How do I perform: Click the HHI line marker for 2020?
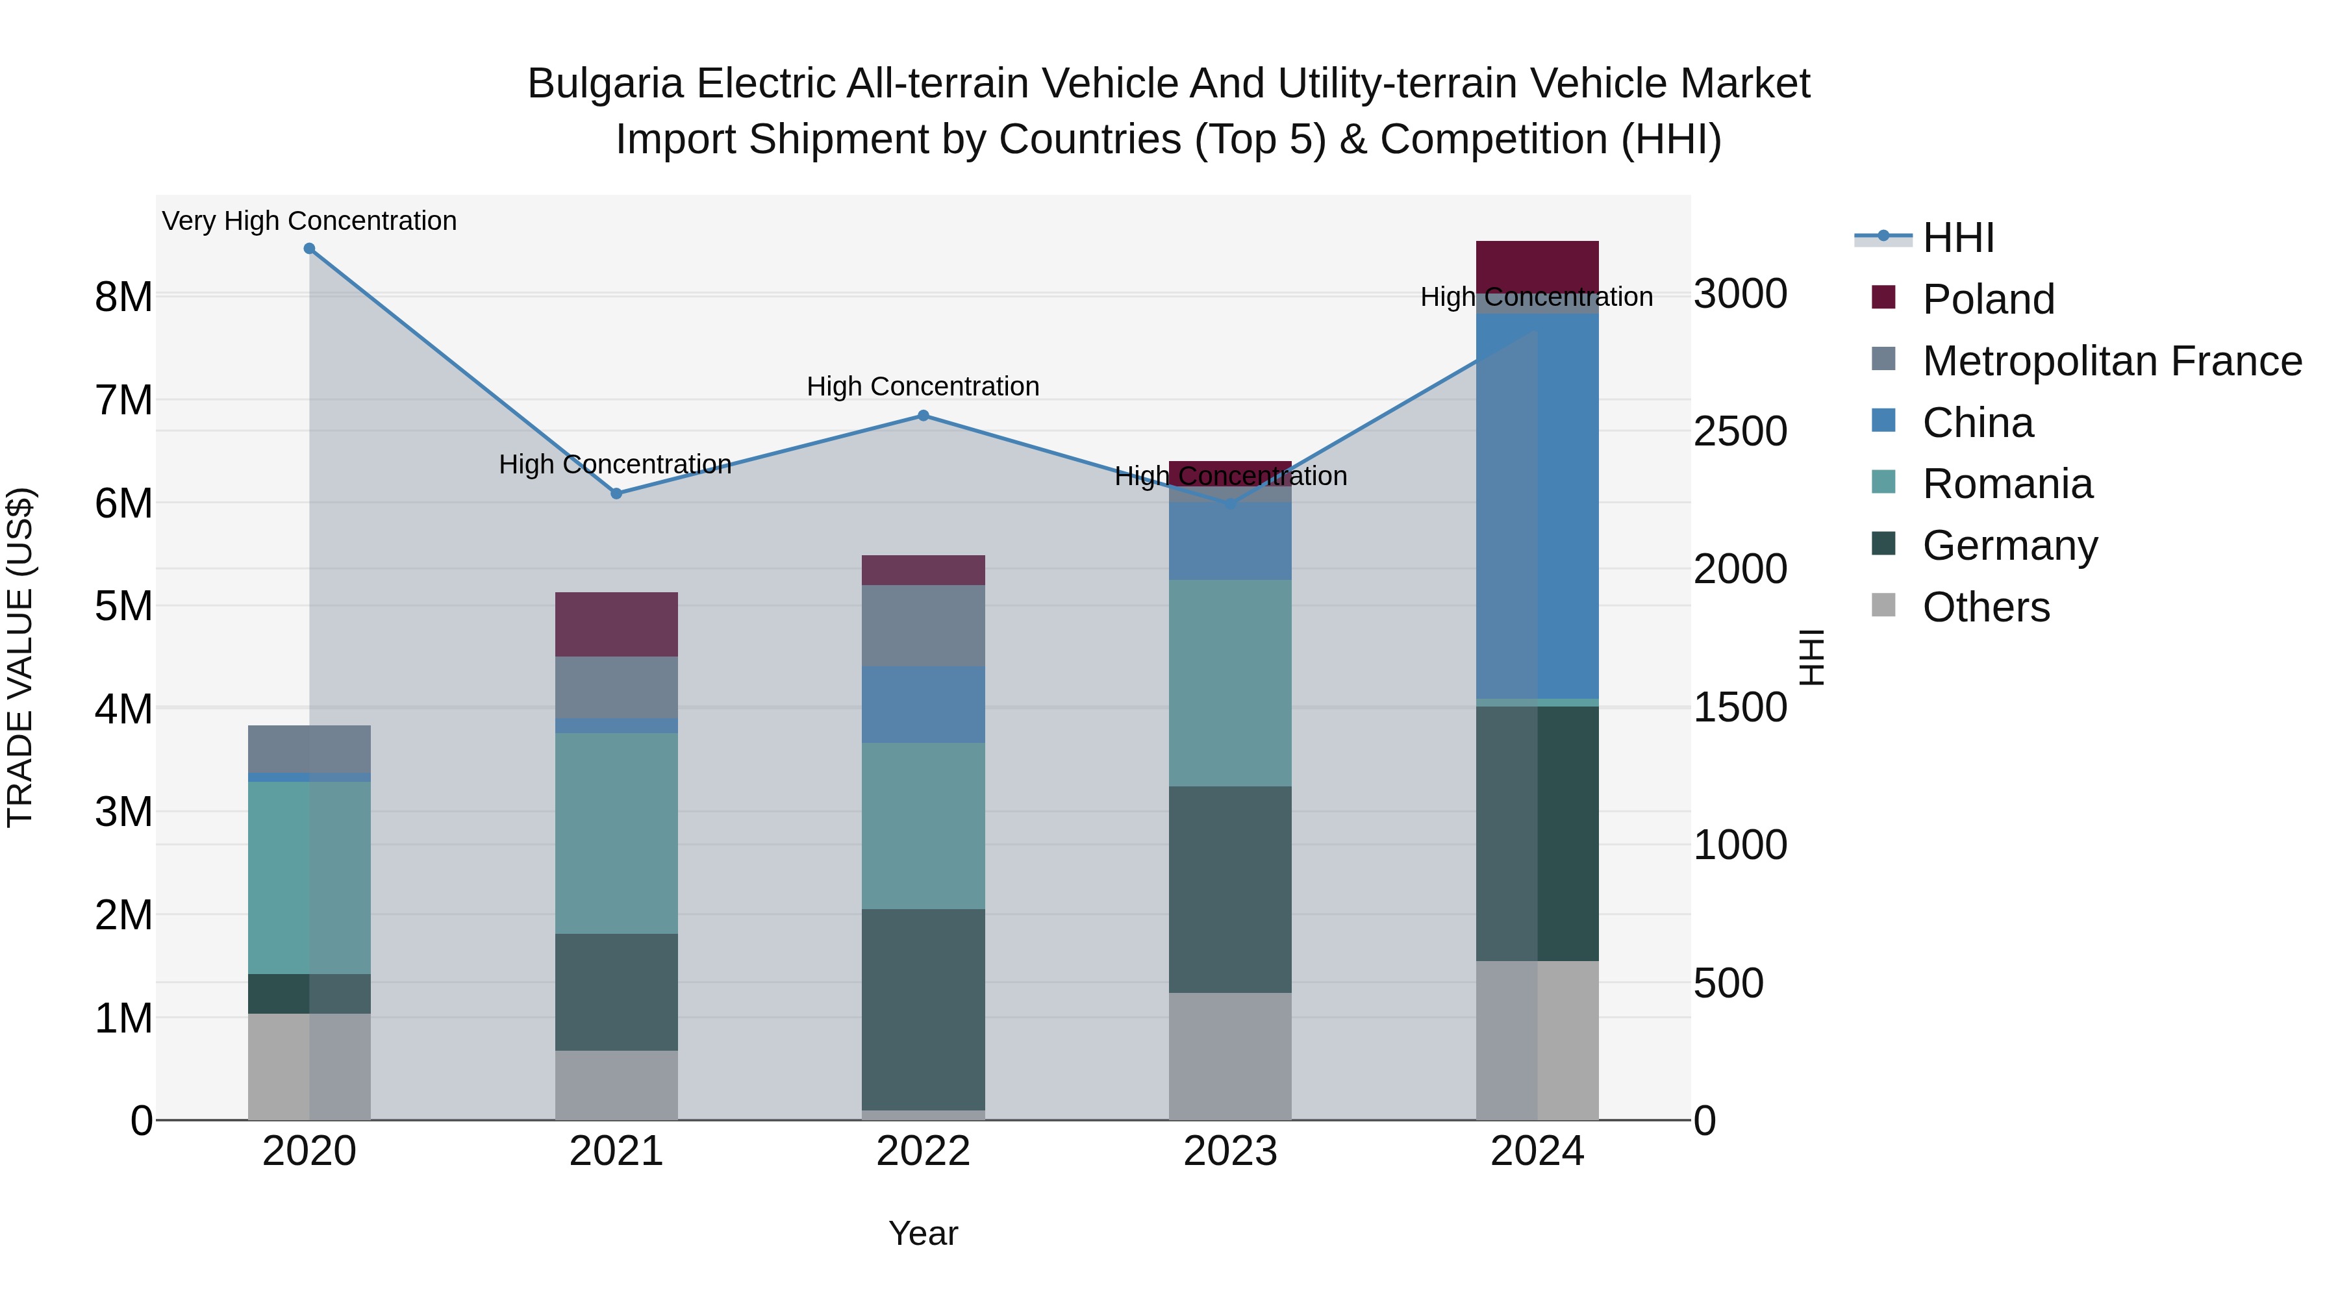(310, 249)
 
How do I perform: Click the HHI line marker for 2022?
(923, 416)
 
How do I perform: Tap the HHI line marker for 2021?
(616, 494)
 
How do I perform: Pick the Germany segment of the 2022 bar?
(923, 1009)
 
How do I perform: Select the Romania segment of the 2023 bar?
(1230, 683)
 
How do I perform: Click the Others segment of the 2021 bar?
(616, 1084)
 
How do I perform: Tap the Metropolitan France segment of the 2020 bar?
(310, 749)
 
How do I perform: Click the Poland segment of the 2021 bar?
(616, 623)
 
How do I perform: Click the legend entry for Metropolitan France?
(2111, 361)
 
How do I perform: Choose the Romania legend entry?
(2007, 484)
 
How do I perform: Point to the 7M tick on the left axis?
(123, 400)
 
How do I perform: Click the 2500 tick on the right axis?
(1740, 432)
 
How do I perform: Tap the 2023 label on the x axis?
(1230, 1151)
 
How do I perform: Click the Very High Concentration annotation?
(310, 221)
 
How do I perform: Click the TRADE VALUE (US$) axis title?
(20, 657)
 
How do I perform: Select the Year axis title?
(923, 1233)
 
